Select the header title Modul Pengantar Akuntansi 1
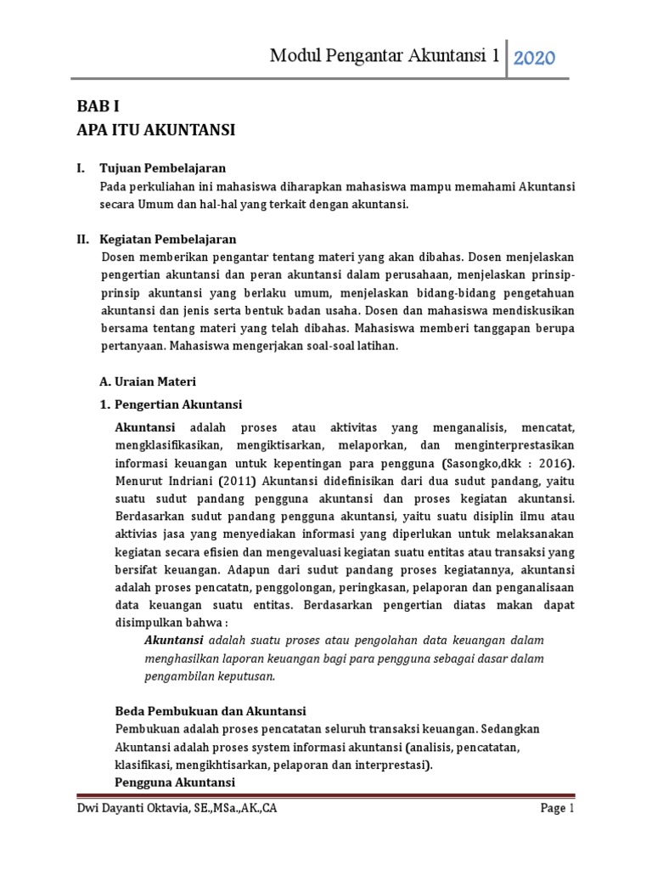pos(385,57)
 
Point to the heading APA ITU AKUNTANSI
pos(155,130)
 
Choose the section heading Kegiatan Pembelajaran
pos(167,239)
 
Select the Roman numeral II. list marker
pos(79,239)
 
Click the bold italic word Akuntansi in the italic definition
pos(174,640)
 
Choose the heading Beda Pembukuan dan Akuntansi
pos(210,710)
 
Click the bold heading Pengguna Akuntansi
pos(174,782)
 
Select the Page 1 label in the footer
pos(558,809)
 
